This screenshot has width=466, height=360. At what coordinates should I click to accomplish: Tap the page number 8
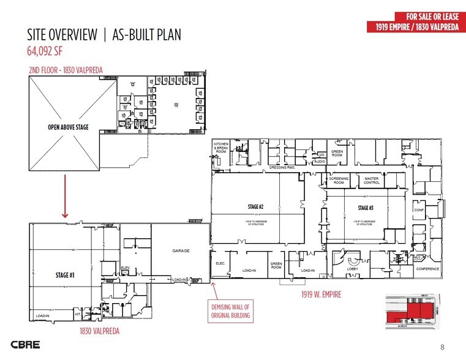point(443,347)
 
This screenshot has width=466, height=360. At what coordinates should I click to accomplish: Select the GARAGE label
point(181,250)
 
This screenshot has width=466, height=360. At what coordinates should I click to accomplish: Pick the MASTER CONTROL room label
point(372,181)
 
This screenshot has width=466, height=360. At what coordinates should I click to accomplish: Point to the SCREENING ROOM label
point(339,181)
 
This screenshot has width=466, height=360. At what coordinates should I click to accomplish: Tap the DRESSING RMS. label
point(285,167)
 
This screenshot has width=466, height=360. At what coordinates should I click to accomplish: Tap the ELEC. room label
point(221,263)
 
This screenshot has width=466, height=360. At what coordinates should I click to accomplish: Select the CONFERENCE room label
point(427,269)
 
